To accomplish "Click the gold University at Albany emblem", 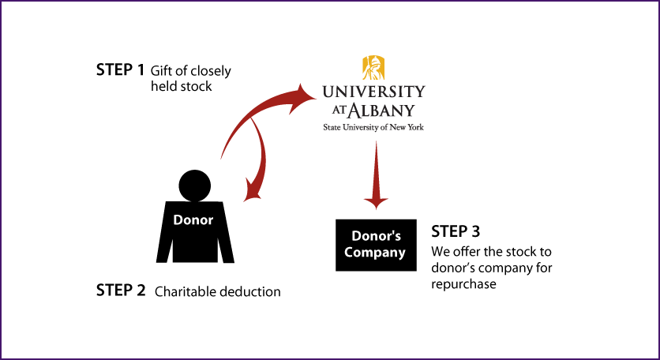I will tap(373, 68).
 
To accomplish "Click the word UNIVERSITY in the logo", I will tap(373, 92).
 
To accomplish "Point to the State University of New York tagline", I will tap(373, 126).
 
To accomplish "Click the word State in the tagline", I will tap(332, 126).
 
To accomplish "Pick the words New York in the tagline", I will tap(407, 126).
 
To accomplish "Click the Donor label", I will tap(193, 220).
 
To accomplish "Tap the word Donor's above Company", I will tap(376, 236).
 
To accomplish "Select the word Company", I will tap(375, 253).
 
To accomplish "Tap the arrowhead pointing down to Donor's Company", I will tap(376, 202).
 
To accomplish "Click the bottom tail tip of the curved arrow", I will tap(222, 158).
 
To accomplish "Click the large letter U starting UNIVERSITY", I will tap(328, 92).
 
